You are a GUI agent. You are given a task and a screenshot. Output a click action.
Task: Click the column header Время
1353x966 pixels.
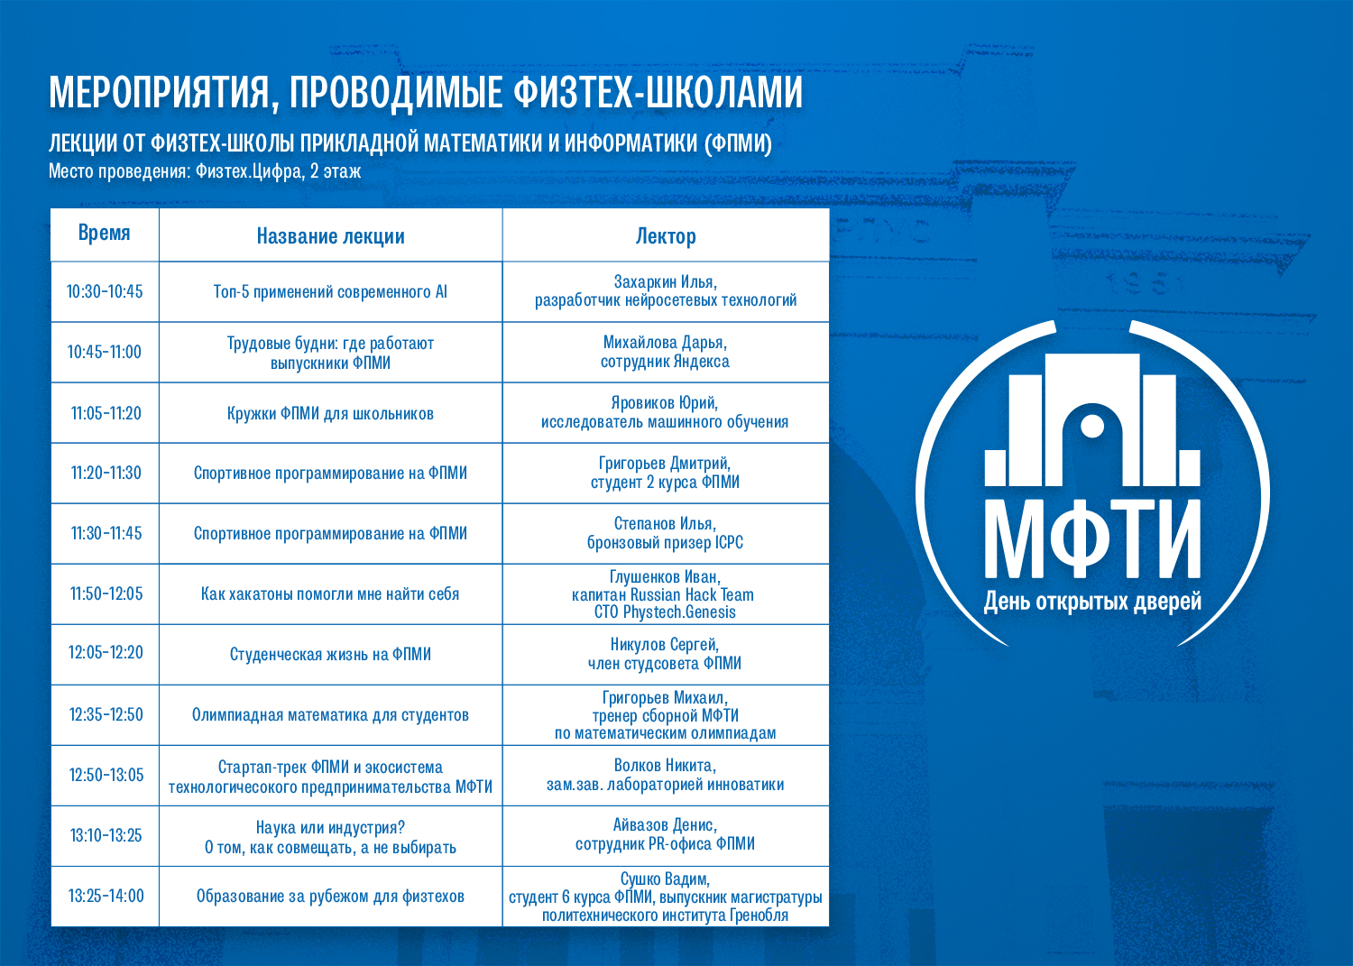[x=105, y=234]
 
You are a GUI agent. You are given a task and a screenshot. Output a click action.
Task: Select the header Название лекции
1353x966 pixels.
[x=330, y=236]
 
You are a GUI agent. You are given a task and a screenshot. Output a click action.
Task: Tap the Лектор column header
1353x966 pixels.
[x=666, y=236]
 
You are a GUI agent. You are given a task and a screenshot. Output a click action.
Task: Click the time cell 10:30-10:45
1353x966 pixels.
[x=105, y=292]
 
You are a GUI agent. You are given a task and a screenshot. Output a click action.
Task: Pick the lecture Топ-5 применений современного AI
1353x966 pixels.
[x=330, y=292]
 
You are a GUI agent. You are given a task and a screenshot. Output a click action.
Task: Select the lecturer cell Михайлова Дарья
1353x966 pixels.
[x=666, y=352]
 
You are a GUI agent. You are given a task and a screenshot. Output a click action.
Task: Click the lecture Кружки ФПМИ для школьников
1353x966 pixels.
[x=330, y=414]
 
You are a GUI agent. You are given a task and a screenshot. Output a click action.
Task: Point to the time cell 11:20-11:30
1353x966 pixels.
[x=106, y=474]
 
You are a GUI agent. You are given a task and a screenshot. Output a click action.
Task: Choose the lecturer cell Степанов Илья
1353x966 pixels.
[x=666, y=533]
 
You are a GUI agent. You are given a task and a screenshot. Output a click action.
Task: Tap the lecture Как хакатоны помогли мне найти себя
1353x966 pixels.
[x=330, y=594]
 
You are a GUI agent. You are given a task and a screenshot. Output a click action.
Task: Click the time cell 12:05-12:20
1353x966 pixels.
[x=106, y=653]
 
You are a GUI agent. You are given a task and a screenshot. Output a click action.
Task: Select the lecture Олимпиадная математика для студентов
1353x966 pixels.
[x=330, y=715]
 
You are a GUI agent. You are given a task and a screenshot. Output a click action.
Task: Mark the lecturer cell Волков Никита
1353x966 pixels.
[x=666, y=775]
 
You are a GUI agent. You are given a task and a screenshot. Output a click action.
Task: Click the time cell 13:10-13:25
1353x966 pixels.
[x=106, y=835]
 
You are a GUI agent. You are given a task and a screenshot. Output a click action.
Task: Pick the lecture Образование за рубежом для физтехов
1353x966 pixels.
[x=330, y=897]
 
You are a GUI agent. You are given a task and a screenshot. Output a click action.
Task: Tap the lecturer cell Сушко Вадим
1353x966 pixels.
[x=666, y=897]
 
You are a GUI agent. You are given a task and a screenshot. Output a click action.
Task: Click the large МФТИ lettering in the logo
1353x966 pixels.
[x=1092, y=538]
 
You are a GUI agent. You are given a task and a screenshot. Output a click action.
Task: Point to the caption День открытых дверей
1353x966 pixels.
[x=1092, y=603]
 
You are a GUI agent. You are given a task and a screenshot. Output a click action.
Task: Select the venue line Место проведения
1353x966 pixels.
[x=205, y=171]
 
